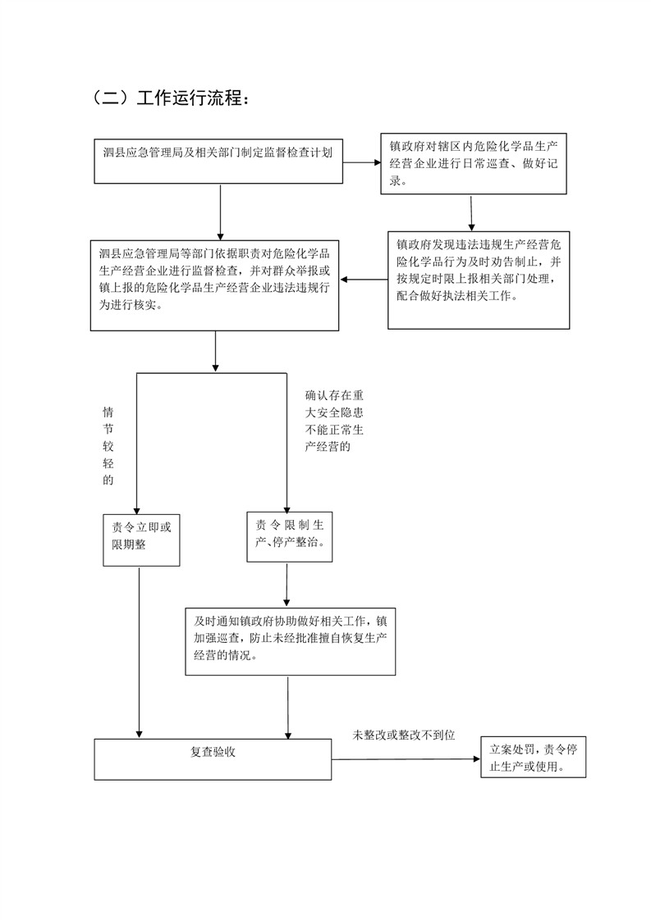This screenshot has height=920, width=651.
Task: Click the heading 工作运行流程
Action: click(x=189, y=98)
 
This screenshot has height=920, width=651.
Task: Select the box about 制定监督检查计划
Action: click(x=218, y=162)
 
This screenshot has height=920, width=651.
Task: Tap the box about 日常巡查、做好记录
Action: click(x=474, y=164)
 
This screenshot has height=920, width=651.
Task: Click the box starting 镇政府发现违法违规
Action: click(x=479, y=280)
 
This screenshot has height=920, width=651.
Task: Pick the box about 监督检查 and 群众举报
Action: click(x=214, y=285)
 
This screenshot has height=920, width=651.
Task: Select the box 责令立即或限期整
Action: click(x=141, y=540)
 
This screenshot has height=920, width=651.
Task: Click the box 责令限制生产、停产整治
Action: click(x=290, y=537)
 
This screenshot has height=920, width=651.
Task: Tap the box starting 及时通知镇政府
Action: click(x=291, y=641)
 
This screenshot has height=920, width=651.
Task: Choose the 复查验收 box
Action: click(x=213, y=759)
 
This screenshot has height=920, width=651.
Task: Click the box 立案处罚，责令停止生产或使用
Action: click(x=534, y=757)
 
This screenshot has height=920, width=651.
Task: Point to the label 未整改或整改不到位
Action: click(x=404, y=735)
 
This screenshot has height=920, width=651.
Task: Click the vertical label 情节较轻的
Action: click(x=108, y=446)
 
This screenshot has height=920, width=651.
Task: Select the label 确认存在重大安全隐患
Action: click(x=334, y=421)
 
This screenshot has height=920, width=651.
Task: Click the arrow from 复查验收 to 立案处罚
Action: click(x=406, y=759)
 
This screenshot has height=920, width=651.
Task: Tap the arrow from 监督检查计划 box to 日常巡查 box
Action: click(x=362, y=162)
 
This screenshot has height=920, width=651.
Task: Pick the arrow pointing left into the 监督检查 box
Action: click(x=364, y=280)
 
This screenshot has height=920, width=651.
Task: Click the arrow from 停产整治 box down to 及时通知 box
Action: click(x=287, y=585)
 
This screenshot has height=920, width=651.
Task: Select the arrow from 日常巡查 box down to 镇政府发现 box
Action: click(x=470, y=213)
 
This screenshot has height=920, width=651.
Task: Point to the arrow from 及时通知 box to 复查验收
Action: click(x=288, y=707)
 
